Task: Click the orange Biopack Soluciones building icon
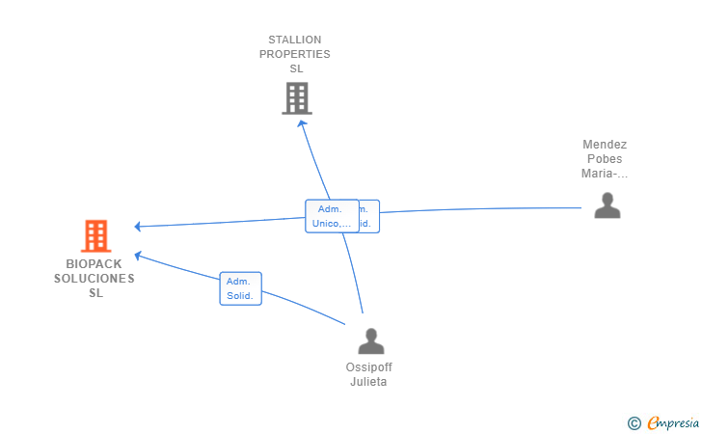(94, 235)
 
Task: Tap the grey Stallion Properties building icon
(296, 97)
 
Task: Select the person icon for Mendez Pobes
(607, 205)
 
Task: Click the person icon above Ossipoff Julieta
(370, 340)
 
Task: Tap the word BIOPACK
(94, 263)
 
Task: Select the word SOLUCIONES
(94, 279)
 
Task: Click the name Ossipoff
(369, 367)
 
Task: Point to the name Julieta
(369, 382)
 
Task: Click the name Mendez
(605, 145)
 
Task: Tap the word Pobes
(605, 159)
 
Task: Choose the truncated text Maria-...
(605, 175)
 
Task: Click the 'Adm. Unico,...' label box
(331, 216)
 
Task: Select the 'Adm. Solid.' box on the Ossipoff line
(240, 288)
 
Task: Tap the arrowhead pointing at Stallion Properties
(302, 122)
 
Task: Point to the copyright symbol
(634, 422)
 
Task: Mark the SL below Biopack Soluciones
(95, 293)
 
